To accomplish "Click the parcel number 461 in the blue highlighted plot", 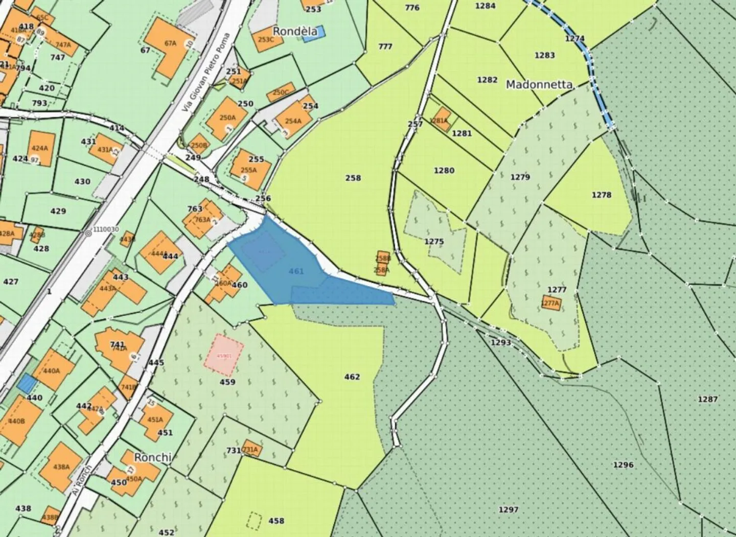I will (296, 271).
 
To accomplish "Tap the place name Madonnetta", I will (539, 85).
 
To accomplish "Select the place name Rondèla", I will (295, 31).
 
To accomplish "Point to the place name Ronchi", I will (152, 457).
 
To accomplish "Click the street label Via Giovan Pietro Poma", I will (206, 73).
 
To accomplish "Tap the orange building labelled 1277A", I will (550, 303).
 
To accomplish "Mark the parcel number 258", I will (353, 178).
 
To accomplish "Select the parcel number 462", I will (352, 377).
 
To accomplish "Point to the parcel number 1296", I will (623, 464).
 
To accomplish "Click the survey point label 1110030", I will (106, 230).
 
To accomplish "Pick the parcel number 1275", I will (434, 241).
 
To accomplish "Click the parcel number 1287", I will (707, 399).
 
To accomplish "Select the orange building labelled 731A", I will (250, 449).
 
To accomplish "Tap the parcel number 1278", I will (602, 195).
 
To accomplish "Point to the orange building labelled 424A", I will (40, 148).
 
